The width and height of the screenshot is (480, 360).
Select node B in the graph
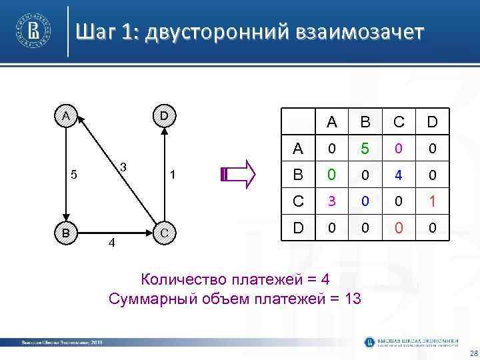pyautogui.click(x=65, y=233)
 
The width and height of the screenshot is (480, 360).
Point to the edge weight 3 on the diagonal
pyautogui.click(x=123, y=165)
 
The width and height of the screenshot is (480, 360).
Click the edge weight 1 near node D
pyautogui.click(x=172, y=175)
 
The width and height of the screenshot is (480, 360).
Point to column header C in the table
pyautogui.click(x=399, y=122)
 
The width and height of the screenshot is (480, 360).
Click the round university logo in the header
pyautogui.click(x=34, y=31)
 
